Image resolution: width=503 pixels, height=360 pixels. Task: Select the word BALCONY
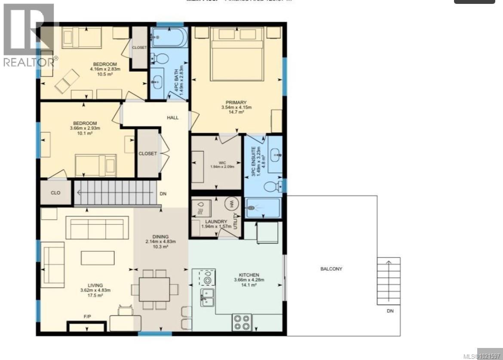331,269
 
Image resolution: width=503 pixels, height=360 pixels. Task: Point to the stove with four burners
242,322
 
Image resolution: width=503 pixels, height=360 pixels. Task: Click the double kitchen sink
208,297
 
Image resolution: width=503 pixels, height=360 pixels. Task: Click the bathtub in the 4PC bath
169,37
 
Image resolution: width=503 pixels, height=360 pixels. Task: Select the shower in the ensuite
262,208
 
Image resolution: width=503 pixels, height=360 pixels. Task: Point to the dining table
154,289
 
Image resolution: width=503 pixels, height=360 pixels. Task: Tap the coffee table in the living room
98,257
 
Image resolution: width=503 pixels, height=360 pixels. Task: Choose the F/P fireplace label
87,317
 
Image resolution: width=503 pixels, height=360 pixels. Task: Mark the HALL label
172,117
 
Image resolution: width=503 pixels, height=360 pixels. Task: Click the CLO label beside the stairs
55,193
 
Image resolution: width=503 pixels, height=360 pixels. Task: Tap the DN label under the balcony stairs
390,311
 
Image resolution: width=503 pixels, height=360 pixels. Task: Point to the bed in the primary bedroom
236,53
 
